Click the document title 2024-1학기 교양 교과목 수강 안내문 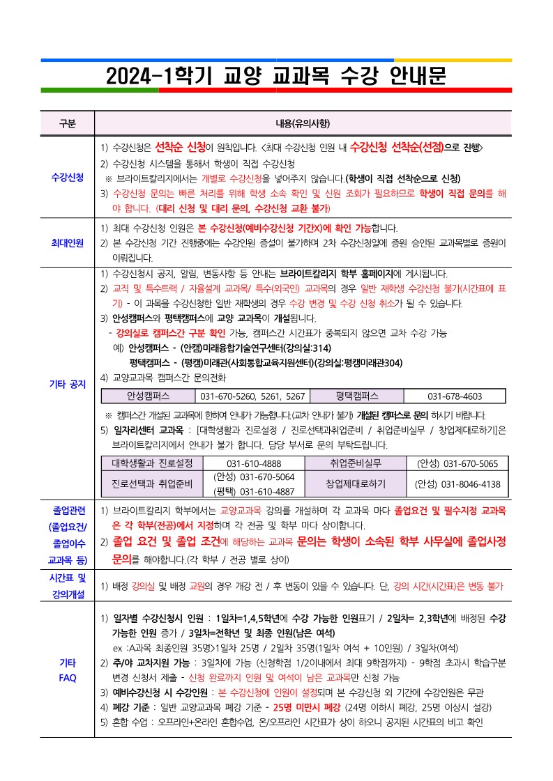(276, 75)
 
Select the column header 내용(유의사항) (303, 123)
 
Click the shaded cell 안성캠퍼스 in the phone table (149, 396)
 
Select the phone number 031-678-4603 (454, 396)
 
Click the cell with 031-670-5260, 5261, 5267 (252, 396)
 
